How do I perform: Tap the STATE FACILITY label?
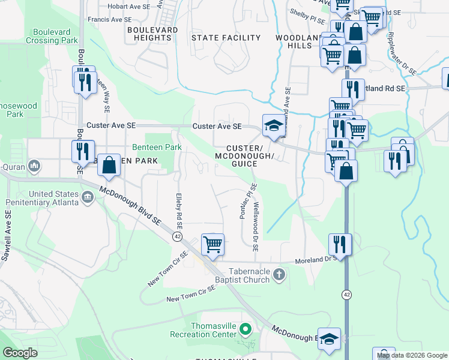click(x=226, y=38)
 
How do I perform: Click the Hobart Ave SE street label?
click(x=127, y=7)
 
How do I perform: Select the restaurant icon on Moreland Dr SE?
click(x=340, y=244)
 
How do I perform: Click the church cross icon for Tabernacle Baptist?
click(x=278, y=274)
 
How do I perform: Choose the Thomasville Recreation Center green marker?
click(x=245, y=329)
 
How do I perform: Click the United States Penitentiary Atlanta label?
click(x=41, y=198)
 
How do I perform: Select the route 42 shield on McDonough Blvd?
click(x=177, y=236)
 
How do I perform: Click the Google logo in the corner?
click(x=20, y=352)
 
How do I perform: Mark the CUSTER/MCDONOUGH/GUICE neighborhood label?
click(x=244, y=156)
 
